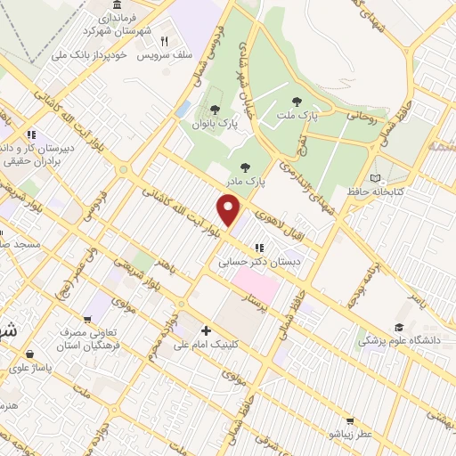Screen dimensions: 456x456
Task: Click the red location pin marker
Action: tap(229, 210)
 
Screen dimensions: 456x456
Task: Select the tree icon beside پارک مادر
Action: tap(246, 167)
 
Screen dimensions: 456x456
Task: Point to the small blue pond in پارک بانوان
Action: tap(183, 109)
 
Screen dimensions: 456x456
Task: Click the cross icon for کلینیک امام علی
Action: tap(206, 330)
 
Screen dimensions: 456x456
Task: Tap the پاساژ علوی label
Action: tap(32, 365)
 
